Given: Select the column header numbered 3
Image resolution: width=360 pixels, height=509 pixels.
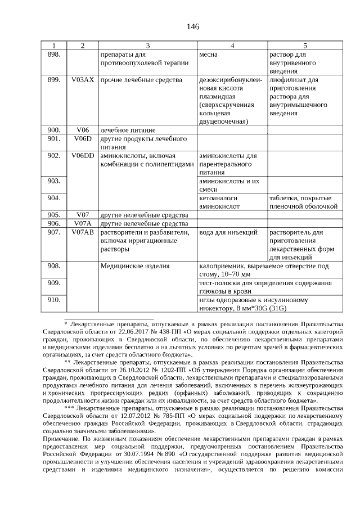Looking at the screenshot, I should tap(147, 46).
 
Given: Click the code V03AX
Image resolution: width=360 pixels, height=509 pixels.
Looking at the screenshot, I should tap(83, 80).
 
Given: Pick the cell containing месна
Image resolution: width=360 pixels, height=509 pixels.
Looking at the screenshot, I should tap(209, 55).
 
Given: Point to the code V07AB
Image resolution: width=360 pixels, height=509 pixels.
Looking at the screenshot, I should tap(83, 232).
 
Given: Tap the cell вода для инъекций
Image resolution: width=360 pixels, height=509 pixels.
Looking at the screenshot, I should tap(229, 232).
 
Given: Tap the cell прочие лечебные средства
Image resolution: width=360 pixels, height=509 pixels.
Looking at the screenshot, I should tap(141, 80).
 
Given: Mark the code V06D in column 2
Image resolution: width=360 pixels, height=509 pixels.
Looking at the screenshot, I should tap(83, 138).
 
